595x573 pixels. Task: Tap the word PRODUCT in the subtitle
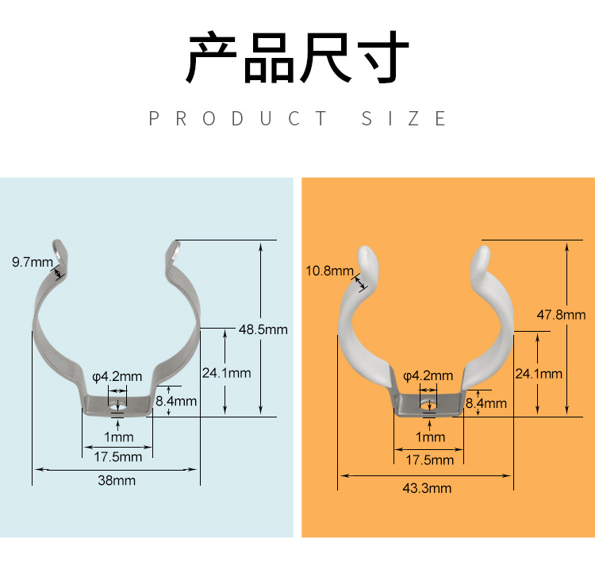click(238, 119)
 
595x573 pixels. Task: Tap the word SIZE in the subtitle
click(404, 119)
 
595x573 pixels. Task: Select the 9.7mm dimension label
click(32, 262)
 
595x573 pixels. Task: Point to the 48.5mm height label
click(263, 329)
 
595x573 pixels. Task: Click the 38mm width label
click(117, 480)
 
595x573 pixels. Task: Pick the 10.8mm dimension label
click(329, 271)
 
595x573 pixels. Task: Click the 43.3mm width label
click(427, 488)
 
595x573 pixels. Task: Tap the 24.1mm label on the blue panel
click(226, 373)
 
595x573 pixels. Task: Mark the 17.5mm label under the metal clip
click(118, 456)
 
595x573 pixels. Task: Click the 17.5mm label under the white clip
click(430, 460)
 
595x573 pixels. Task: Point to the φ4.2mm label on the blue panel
click(117, 376)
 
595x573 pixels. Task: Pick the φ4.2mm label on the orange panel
click(428, 375)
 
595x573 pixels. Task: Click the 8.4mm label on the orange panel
click(486, 403)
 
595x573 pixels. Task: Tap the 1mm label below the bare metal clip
click(118, 436)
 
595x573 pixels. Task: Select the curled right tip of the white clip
click(482, 257)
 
